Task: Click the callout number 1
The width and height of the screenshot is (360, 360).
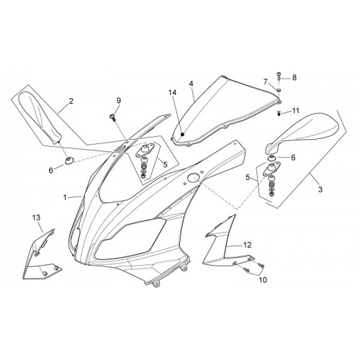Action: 65,197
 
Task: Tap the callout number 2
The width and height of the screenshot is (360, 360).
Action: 71,101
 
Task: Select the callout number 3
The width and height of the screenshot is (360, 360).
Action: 320,189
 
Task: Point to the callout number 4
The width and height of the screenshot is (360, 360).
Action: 191,84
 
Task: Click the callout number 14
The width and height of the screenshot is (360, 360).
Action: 172,92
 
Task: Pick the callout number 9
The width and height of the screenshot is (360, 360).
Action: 119,101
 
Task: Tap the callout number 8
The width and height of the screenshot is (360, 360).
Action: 294,77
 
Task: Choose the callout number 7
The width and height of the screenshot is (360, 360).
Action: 266,82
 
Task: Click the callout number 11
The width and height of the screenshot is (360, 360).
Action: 295,111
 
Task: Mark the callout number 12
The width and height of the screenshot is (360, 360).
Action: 247,245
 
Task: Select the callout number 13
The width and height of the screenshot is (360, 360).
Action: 37,217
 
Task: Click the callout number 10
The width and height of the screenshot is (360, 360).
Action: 263,280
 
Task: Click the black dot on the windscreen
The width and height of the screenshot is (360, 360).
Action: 183,135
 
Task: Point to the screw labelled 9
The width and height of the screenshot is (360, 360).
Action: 112,117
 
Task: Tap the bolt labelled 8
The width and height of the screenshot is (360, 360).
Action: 279,76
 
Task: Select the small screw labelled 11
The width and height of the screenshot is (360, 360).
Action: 279,112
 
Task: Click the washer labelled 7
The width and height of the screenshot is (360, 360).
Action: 279,90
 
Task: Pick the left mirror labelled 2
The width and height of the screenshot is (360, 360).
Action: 41,117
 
